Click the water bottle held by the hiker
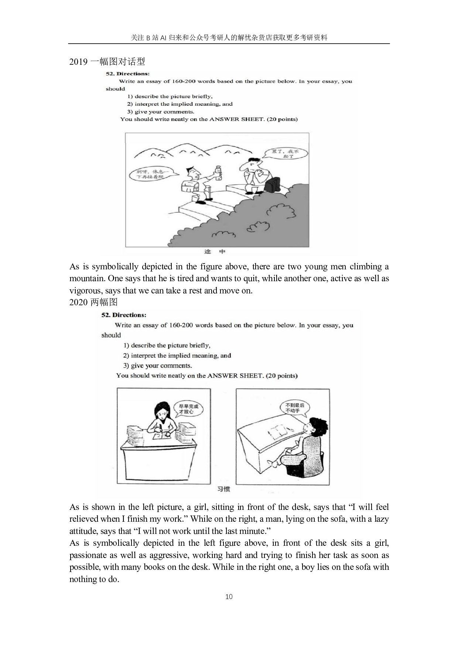tap(219, 173)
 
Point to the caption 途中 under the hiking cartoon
tap(215, 252)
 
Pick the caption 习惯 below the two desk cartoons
tap(223, 489)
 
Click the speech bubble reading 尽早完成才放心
tap(188, 409)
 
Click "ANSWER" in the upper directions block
tap(224, 119)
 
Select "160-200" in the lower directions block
tap(181, 325)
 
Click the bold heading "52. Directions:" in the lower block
tap(124, 315)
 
